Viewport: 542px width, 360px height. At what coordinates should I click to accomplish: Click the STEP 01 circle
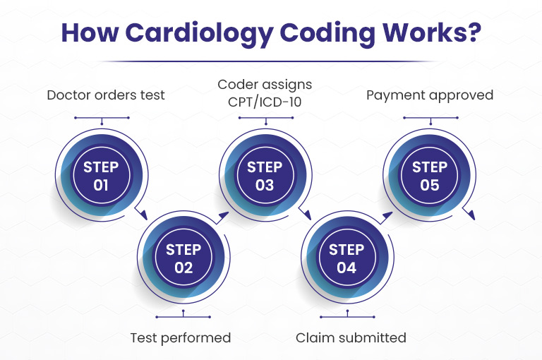pyautogui.click(x=102, y=175)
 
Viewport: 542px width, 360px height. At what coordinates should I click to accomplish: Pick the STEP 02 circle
pyautogui.click(x=183, y=257)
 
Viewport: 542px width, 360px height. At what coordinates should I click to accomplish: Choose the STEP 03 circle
pyautogui.click(x=265, y=175)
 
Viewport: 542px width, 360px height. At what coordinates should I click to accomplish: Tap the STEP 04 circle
pyautogui.click(x=347, y=257)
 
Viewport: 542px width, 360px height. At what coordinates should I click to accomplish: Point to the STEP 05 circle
pyautogui.click(x=429, y=175)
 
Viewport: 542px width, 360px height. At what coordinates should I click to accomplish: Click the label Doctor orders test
pyautogui.click(x=106, y=95)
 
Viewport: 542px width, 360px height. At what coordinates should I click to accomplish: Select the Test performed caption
pyautogui.click(x=181, y=338)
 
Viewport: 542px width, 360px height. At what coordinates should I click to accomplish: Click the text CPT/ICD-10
pyautogui.click(x=265, y=102)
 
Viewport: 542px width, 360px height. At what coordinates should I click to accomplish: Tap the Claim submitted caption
pyautogui.click(x=351, y=338)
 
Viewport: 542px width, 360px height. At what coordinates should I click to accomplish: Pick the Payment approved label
pyautogui.click(x=430, y=95)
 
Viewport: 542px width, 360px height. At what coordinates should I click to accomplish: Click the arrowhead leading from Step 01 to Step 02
pyautogui.click(x=143, y=215)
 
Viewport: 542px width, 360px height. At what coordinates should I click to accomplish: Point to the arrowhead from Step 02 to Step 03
pyautogui.click(x=223, y=215)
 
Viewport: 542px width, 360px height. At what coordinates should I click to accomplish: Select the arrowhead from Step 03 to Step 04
pyautogui.click(x=307, y=215)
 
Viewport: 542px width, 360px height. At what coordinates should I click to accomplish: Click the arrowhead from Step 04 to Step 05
pyautogui.click(x=387, y=215)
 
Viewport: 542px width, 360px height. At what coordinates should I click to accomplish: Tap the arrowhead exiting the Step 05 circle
pyautogui.click(x=471, y=215)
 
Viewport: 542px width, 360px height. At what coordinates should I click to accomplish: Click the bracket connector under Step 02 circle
pyautogui.click(x=183, y=316)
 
